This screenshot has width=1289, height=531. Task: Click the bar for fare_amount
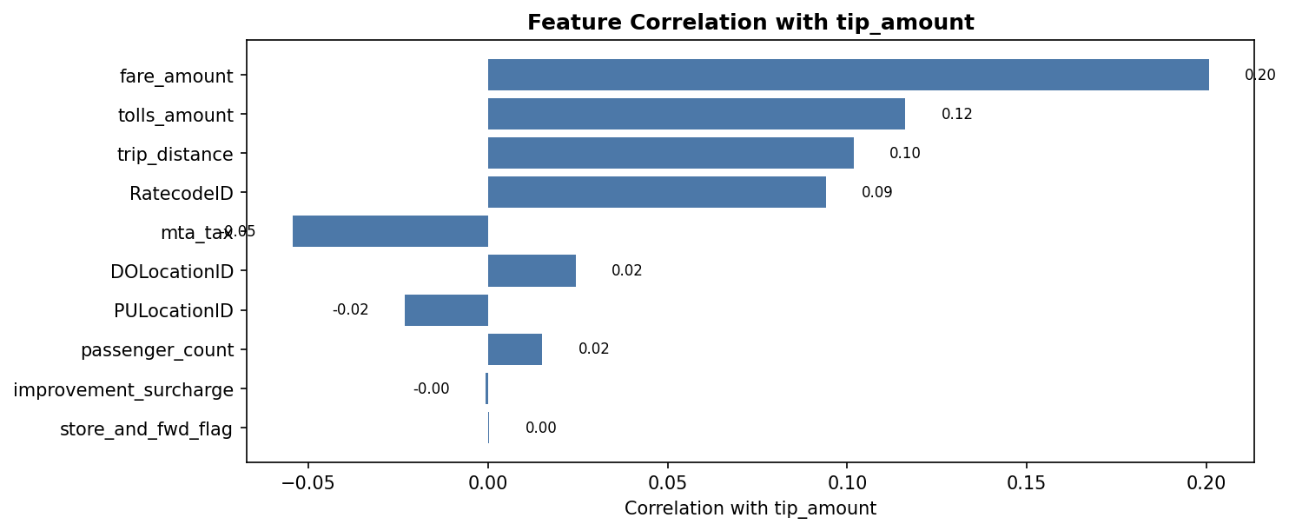(848, 75)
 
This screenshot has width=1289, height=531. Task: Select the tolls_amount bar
(696, 114)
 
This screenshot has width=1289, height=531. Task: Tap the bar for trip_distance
(671, 153)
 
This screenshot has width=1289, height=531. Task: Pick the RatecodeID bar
(657, 192)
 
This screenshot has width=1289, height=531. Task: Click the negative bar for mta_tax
(390, 231)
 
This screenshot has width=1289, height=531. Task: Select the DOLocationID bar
(532, 270)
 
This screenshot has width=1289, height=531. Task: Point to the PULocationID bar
(446, 310)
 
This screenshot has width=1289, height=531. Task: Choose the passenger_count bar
(515, 349)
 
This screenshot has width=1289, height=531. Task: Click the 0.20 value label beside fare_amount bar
(1259, 76)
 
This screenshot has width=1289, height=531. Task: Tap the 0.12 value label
(956, 115)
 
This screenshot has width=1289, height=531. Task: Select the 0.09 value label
(876, 193)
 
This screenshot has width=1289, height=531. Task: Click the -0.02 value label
(350, 310)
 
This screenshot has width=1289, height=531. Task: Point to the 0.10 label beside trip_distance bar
(904, 154)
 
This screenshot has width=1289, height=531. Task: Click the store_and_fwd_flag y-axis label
(146, 429)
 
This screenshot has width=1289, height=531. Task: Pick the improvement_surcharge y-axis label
(123, 390)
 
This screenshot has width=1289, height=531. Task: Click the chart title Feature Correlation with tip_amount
(750, 23)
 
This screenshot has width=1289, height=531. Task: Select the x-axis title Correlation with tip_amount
(750, 508)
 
